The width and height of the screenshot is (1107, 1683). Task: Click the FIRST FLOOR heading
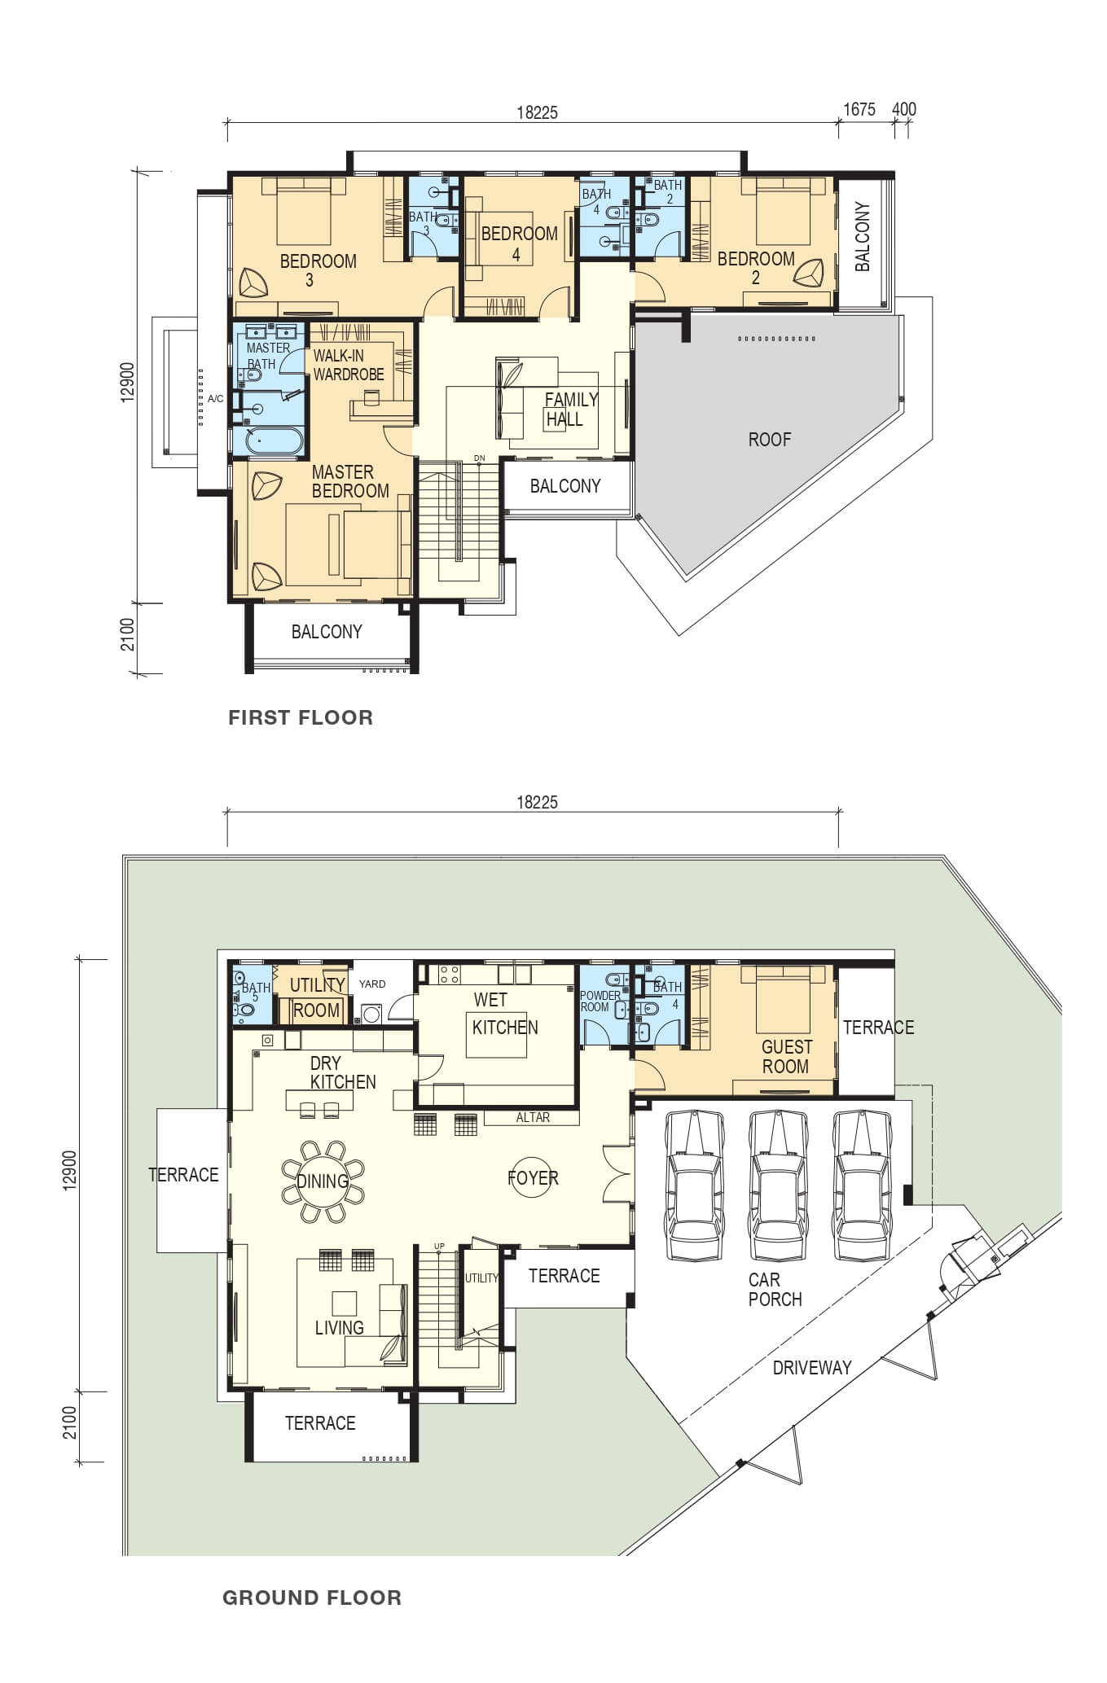click(x=301, y=717)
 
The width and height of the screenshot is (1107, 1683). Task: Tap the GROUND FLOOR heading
click(x=312, y=1598)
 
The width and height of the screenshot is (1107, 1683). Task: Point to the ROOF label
click(x=770, y=440)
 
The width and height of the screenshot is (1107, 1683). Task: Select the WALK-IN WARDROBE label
click(x=349, y=365)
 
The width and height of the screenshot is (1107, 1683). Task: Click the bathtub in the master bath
click(x=268, y=441)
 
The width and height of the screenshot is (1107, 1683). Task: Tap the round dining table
click(x=323, y=1181)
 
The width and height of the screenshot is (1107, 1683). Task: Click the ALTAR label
click(x=533, y=1117)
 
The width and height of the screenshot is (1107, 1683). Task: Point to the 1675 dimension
click(x=859, y=109)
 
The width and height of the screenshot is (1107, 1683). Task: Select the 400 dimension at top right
click(x=904, y=109)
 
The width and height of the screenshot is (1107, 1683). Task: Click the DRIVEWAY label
click(x=812, y=1368)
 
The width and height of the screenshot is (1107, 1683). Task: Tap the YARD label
click(x=372, y=984)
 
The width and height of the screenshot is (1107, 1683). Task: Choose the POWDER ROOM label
click(x=600, y=1001)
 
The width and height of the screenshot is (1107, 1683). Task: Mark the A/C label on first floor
click(x=215, y=399)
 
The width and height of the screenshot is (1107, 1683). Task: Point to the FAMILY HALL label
click(x=570, y=410)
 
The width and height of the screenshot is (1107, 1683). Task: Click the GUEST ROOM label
click(x=786, y=1057)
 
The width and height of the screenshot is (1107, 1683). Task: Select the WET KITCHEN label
click(x=504, y=1014)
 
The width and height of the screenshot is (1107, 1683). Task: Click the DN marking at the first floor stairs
click(x=479, y=458)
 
